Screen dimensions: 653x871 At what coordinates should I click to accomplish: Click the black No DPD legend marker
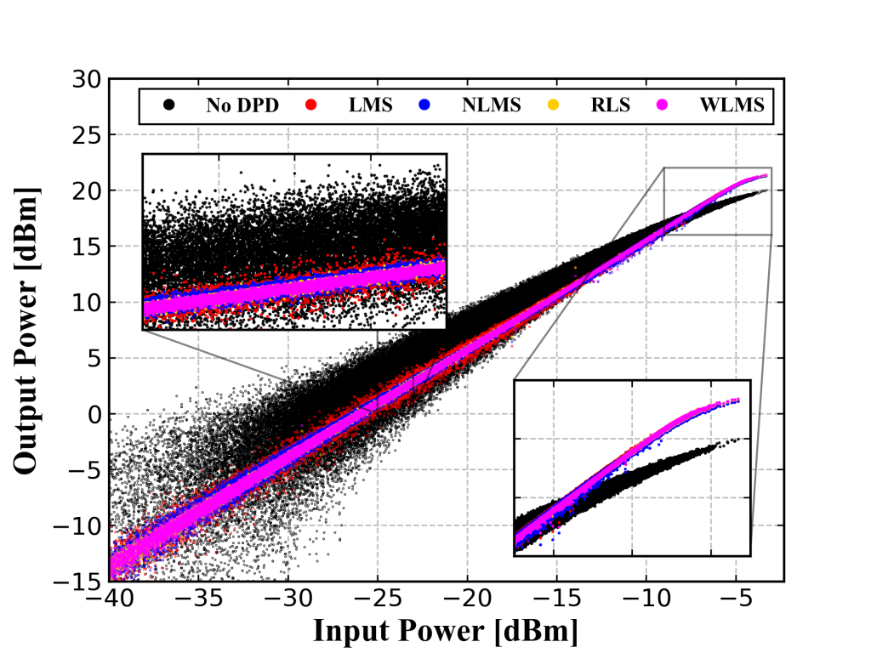point(169,105)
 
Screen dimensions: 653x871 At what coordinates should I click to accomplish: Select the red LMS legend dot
point(310,105)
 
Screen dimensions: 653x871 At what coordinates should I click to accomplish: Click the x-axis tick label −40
point(108,601)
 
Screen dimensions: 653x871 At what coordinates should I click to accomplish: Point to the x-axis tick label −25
point(377,601)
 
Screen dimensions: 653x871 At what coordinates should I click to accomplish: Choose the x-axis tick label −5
point(736,601)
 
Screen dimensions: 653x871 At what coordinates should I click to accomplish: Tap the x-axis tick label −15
point(556,601)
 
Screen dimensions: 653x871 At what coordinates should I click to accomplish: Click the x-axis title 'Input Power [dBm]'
point(446,632)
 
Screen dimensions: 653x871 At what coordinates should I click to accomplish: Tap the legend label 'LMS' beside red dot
point(370,106)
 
